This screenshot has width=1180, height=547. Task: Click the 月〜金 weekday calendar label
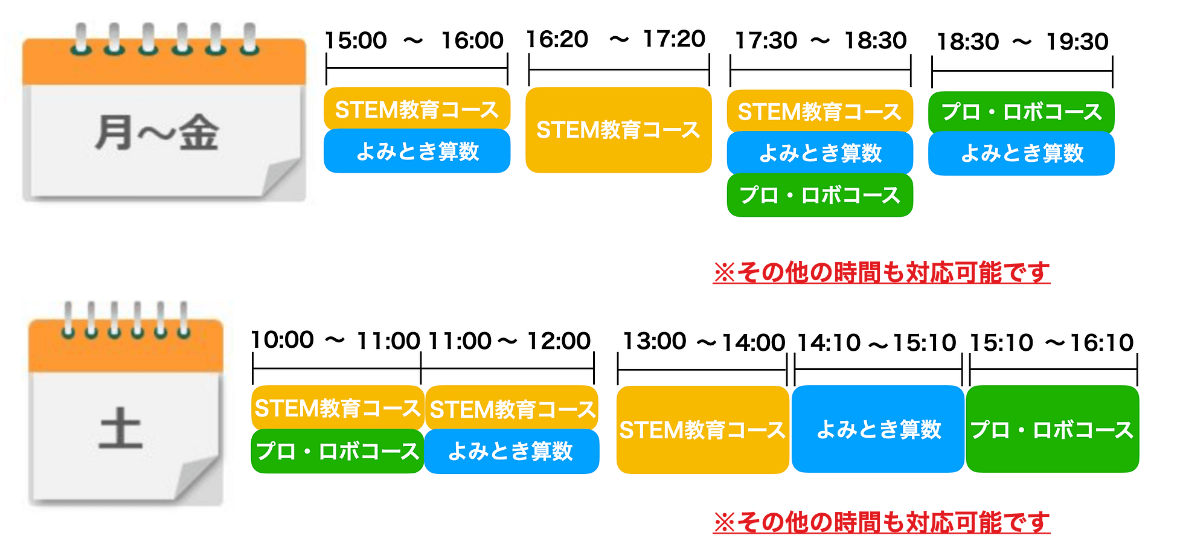[157, 133]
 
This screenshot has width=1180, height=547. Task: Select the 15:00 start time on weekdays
[356, 40]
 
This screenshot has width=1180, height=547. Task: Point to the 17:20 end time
[674, 39]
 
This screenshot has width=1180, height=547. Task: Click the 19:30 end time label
[1077, 42]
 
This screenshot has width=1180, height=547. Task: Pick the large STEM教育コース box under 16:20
[618, 130]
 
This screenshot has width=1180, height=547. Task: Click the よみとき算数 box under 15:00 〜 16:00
[417, 151]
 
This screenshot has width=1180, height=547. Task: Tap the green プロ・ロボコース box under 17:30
[820, 195]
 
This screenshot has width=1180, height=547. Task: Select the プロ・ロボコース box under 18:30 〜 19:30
[1021, 112]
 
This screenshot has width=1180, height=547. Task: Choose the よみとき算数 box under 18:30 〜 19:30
[1021, 153]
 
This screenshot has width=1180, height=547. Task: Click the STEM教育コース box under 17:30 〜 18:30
[820, 112]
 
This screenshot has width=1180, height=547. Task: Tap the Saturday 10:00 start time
[283, 340]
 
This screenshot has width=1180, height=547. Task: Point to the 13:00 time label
[655, 341]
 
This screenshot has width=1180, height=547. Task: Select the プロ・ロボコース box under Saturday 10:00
[338, 451]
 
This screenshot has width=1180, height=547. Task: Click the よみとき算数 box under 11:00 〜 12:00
[511, 451]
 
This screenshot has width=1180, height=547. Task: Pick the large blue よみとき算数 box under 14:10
[878, 429]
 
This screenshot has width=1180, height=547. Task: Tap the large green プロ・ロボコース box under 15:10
[1053, 429]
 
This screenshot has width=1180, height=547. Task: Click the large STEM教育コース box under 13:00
[703, 430]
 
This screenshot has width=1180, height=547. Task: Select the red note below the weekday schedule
[882, 273]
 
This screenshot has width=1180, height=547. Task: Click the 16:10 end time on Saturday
[1102, 342]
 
